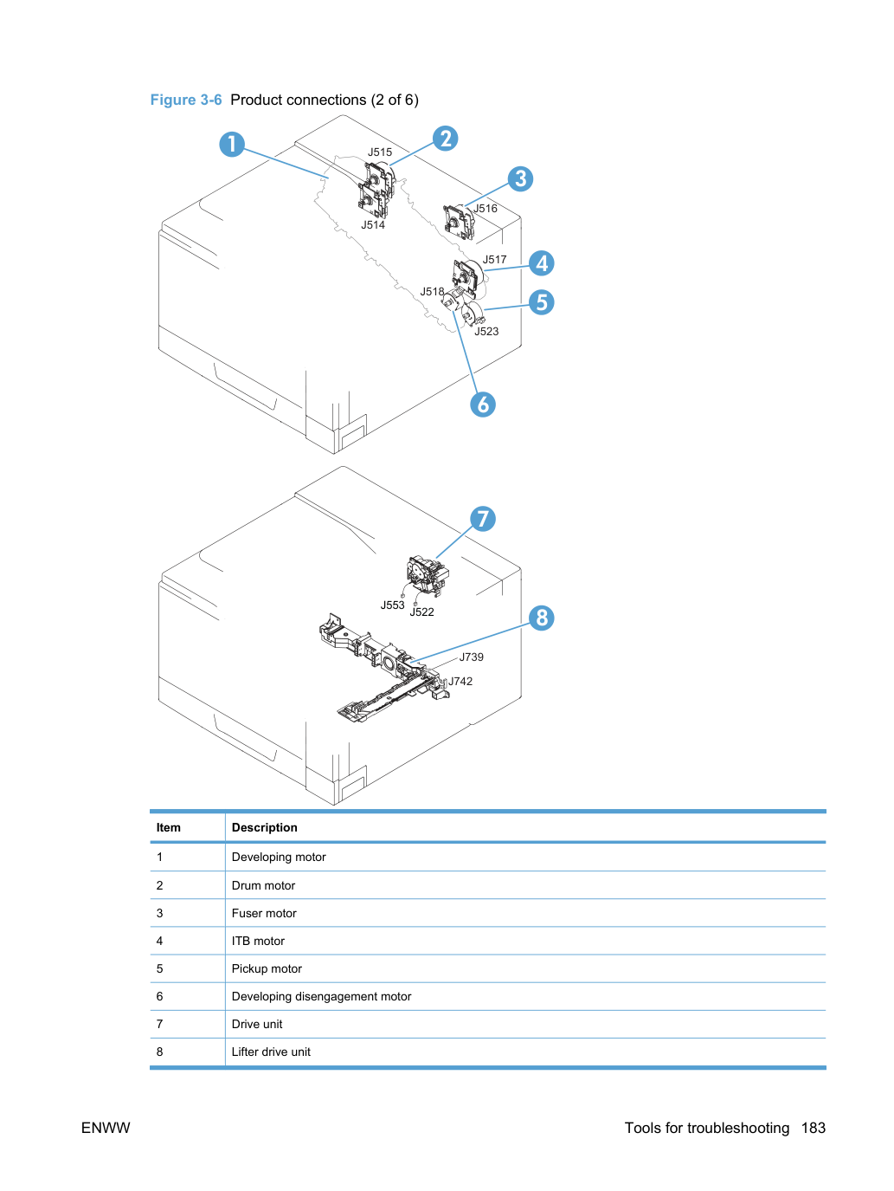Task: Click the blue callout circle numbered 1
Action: click(x=231, y=145)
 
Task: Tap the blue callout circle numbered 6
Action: click(x=483, y=405)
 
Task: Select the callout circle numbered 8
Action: click(x=542, y=618)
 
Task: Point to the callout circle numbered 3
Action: click(x=520, y=178)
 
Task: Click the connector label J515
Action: click(x=380, y=152)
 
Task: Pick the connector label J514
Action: click(x=373, y=224)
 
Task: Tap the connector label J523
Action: click(x=486, y=332)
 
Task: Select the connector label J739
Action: click(x=471, y=657)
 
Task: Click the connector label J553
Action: click(x=393, y=605)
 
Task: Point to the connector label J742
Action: click(x=460, y=682)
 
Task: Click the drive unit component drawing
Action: click(x=428, y=576)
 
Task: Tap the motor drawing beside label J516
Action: click(x=459, y=223)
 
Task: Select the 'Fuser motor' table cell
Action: click(x=264, y=913)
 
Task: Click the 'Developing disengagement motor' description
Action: click(x=321, y=996)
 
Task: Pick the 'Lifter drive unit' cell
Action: click(x=271, y=1052)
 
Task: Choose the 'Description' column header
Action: click(x=265, y=827)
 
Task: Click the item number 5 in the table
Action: click(x=159, y=968)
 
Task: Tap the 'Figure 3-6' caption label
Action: click(x=186, y=100)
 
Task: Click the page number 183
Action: click(x=814, y=1128)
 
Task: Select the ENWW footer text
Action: click(x=106, y=1128)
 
